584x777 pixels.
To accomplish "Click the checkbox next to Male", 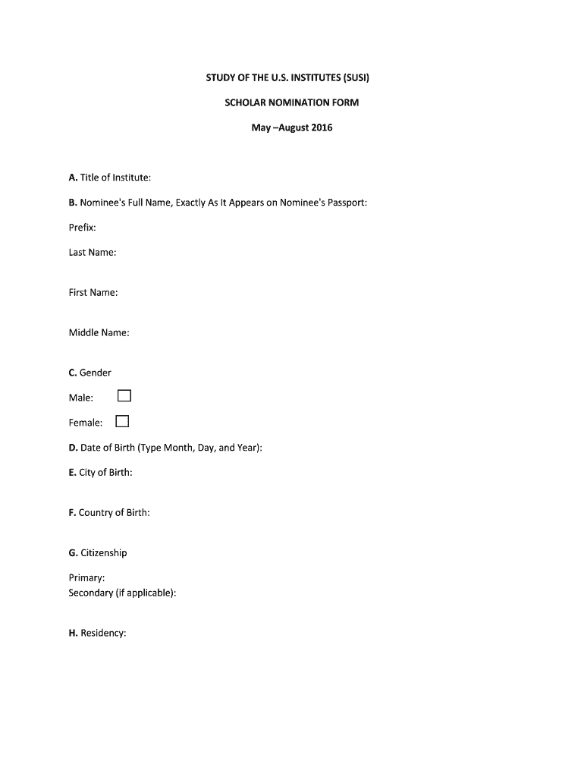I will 124,396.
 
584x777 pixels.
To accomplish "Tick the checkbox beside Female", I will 122,422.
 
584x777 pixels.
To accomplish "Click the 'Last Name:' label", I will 92,252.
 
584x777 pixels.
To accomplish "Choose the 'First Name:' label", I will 93,292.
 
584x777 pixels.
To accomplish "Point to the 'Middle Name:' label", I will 99,332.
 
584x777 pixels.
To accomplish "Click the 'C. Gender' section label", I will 89,373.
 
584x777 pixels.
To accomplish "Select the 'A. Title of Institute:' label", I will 109,178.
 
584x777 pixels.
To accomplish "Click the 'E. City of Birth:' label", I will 100,473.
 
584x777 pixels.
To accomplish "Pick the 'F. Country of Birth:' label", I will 108,513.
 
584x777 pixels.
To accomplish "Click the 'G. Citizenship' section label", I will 97,553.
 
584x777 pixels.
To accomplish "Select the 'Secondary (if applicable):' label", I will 122,593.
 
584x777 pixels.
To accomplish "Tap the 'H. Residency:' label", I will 96,633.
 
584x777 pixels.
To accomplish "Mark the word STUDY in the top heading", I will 223,78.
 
